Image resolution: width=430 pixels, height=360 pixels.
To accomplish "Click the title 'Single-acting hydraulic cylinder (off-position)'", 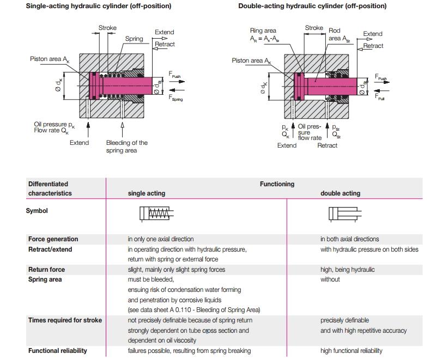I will coord(99,6).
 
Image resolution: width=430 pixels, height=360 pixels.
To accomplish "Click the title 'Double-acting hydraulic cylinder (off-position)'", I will coord(312,6).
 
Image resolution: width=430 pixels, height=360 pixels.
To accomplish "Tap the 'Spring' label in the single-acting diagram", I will coord(134,39).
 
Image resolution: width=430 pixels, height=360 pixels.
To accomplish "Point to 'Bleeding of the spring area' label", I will coord(126,147).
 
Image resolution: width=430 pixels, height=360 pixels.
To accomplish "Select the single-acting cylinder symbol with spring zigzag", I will coord(156,213).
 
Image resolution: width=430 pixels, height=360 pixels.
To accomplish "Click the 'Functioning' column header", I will coord(277,184).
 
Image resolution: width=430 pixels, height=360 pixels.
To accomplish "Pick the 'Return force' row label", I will coord(46,270).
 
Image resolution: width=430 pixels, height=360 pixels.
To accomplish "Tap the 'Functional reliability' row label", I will coord(57,351).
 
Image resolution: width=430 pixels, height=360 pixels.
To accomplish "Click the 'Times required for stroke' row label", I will coord(65,320).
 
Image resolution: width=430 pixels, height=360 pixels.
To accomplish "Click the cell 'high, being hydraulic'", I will coord(347,270).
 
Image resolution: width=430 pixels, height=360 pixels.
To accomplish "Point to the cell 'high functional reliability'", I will coord(351,351).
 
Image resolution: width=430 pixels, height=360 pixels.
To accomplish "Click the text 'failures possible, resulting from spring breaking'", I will coord(189,351).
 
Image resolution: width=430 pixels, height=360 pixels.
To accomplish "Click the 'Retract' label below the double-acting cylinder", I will coord(328,145).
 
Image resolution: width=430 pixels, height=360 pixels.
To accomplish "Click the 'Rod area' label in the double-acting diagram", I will coord(335,35).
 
